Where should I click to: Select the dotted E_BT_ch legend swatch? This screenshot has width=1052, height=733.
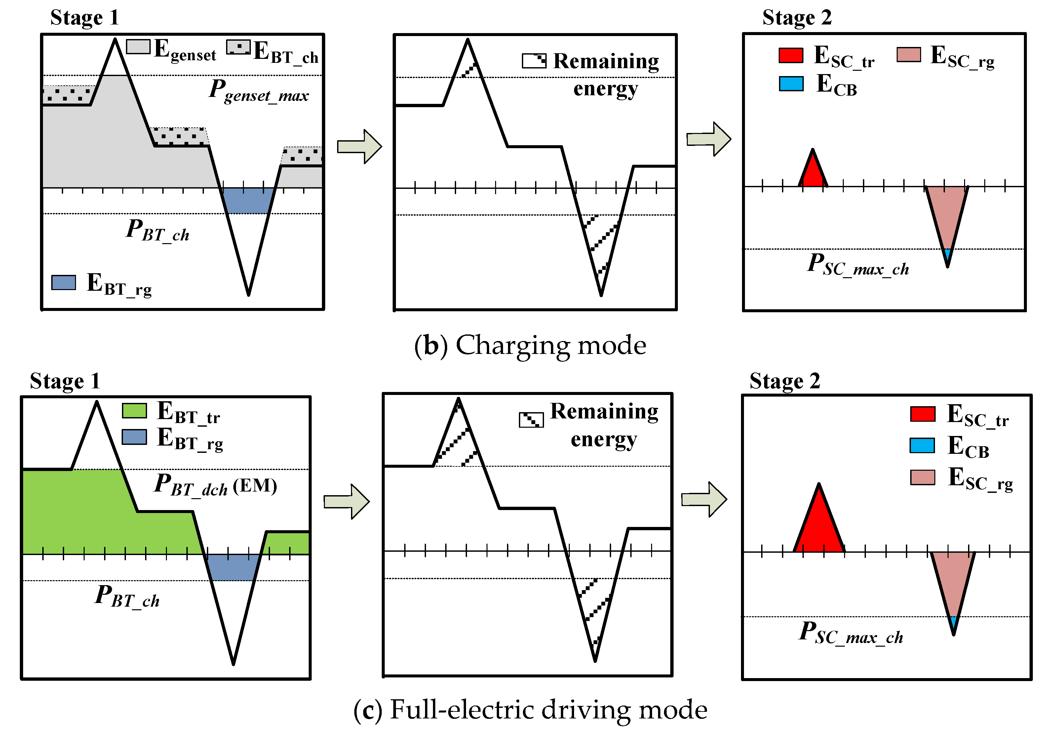coord(238,47)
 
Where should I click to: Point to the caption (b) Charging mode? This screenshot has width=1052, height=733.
coord(530,345)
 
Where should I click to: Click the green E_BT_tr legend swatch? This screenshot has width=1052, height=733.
coord(134,410)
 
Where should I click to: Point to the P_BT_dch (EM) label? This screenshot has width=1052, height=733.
coord(215,485)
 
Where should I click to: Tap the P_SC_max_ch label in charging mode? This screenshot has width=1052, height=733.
coord(858,265)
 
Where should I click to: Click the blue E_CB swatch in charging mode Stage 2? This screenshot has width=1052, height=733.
coord(791,83)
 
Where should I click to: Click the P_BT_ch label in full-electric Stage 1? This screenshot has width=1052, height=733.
coord(127,597)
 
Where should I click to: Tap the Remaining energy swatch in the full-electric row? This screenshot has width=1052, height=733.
coord(531,419)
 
